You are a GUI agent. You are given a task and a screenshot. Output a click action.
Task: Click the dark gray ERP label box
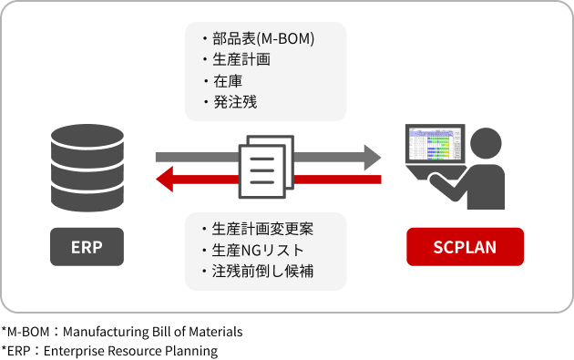click(x=87, y=247)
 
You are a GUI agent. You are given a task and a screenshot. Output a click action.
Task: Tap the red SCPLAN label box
click(x=465, y=247)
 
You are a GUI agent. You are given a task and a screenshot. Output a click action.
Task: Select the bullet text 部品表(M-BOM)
click(x=262, y=40)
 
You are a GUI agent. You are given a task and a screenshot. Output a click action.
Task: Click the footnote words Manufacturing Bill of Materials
click(x=155, y=333)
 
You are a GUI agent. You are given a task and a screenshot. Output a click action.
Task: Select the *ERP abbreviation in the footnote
click(x=16, y=351)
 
